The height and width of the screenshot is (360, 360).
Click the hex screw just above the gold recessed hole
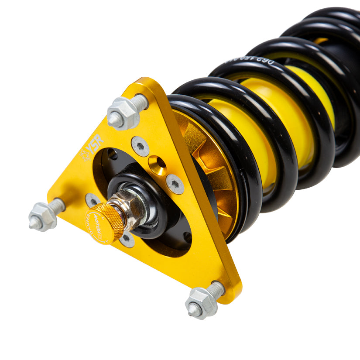140,146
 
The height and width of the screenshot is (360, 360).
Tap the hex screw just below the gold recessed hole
175,184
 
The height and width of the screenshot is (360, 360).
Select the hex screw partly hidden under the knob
127,239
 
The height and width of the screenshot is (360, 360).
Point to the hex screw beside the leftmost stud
93,200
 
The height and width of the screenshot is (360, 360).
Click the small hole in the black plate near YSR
112,154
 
